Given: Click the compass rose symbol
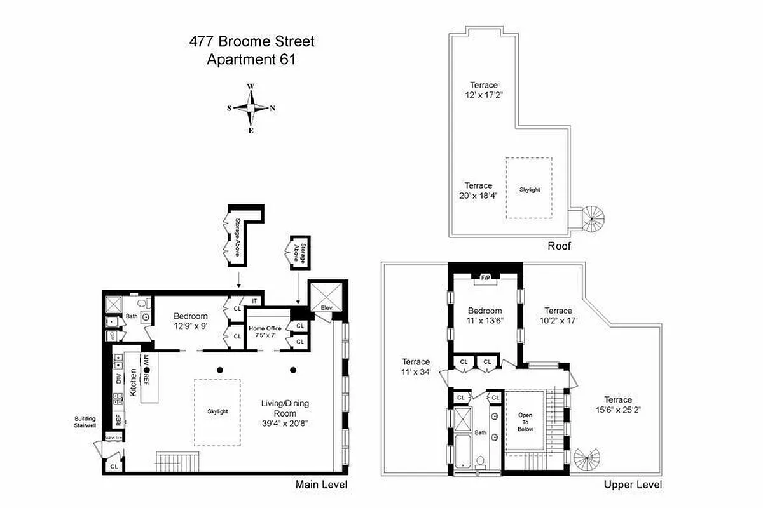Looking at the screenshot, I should (251, 108).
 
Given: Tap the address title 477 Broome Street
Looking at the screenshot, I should (251, 43).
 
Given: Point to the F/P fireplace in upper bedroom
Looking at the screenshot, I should (485, 277).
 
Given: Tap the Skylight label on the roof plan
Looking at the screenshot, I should (529, 189).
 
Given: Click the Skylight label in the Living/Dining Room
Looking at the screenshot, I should (217, 411).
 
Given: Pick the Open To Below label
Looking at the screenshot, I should (525, 422).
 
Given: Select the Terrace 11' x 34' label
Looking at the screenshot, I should (416, 366).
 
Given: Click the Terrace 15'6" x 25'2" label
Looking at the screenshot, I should (617, 404).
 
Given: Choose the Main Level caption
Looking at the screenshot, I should (321, 485).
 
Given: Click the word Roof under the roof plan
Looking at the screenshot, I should (560, 246).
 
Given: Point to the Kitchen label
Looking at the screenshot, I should (134, 382).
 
